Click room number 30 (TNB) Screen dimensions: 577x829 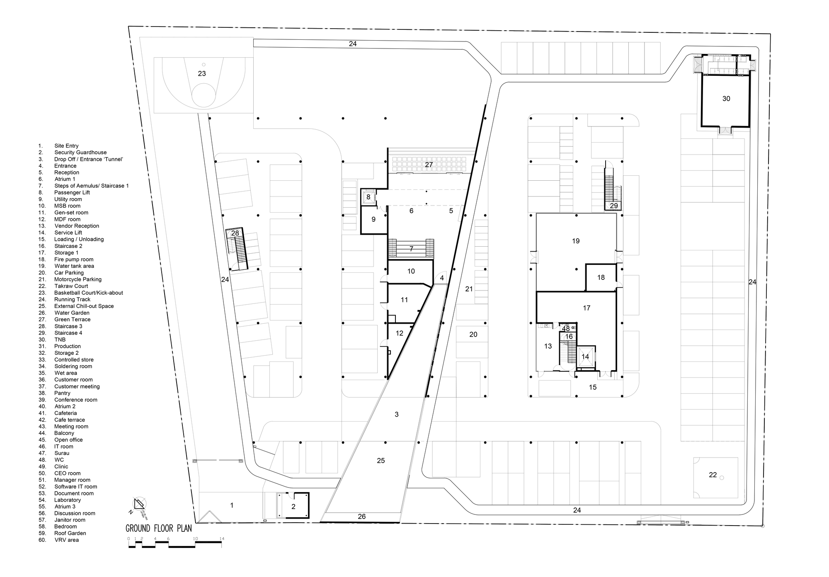[x=726, y=99]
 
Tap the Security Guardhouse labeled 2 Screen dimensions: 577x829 [x=293, y=506]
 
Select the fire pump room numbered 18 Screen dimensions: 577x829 [x=601, y=277]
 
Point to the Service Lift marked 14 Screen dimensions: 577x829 [x=585, y=356]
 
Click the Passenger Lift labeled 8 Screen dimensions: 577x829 [x=368, y=197]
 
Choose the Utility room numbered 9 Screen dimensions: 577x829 [x=373, y=219]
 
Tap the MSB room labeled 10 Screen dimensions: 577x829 [x=411, y=271]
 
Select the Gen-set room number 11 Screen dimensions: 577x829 [x=405, y=300]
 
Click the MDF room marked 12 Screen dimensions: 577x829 [x=399, y=333]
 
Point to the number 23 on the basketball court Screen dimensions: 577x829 [x=202, y=73]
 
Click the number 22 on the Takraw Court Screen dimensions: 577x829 [x=713, y=475]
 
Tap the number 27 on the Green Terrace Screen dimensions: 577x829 [x=429, y=165]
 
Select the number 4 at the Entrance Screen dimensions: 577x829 [x=442, y=278]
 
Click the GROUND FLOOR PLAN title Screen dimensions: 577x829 [x=159, y=529]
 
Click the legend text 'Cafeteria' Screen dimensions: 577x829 [x=65, y=413]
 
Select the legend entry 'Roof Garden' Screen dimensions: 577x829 [x=70, y=533]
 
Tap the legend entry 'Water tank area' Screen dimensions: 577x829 [x=74, y=266]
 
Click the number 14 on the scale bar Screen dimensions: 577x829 [x=222, y=539]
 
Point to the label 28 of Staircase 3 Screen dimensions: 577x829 [x=235, y=233]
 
